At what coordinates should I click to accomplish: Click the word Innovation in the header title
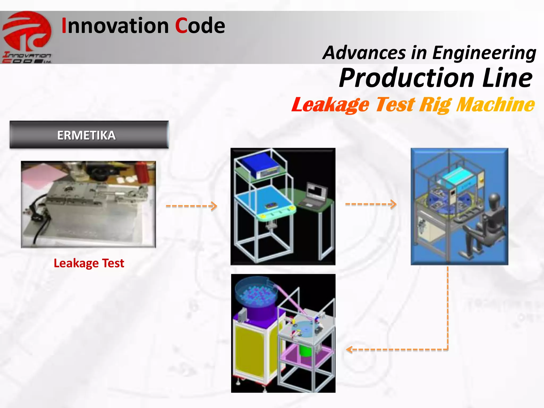pyautogui.click(x=115, y=26)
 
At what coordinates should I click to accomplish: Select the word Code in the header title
pyautogui.click(x=200, y=26)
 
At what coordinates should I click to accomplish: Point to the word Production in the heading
pyautogui.click(x=406, y=78)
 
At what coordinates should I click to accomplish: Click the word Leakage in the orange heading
pyautogui.click(x=330, y=105)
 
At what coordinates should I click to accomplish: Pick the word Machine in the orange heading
pyautogui.click(x=495, y=104)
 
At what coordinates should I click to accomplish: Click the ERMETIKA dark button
pyautogui.click(x=89, y=135)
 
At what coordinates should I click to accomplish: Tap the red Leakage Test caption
pyautogui.click(x=89, y=263)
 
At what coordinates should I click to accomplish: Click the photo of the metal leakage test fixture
pyautogui.click(x=88, y=204)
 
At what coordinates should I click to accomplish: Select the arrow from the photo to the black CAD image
pyautogui.click(x=191, y=206)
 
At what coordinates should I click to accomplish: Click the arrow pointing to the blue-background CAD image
pyautogui.click(x=371, y=204)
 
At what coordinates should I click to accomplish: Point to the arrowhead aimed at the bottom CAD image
pyautogui.click(x=350, y=350)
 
